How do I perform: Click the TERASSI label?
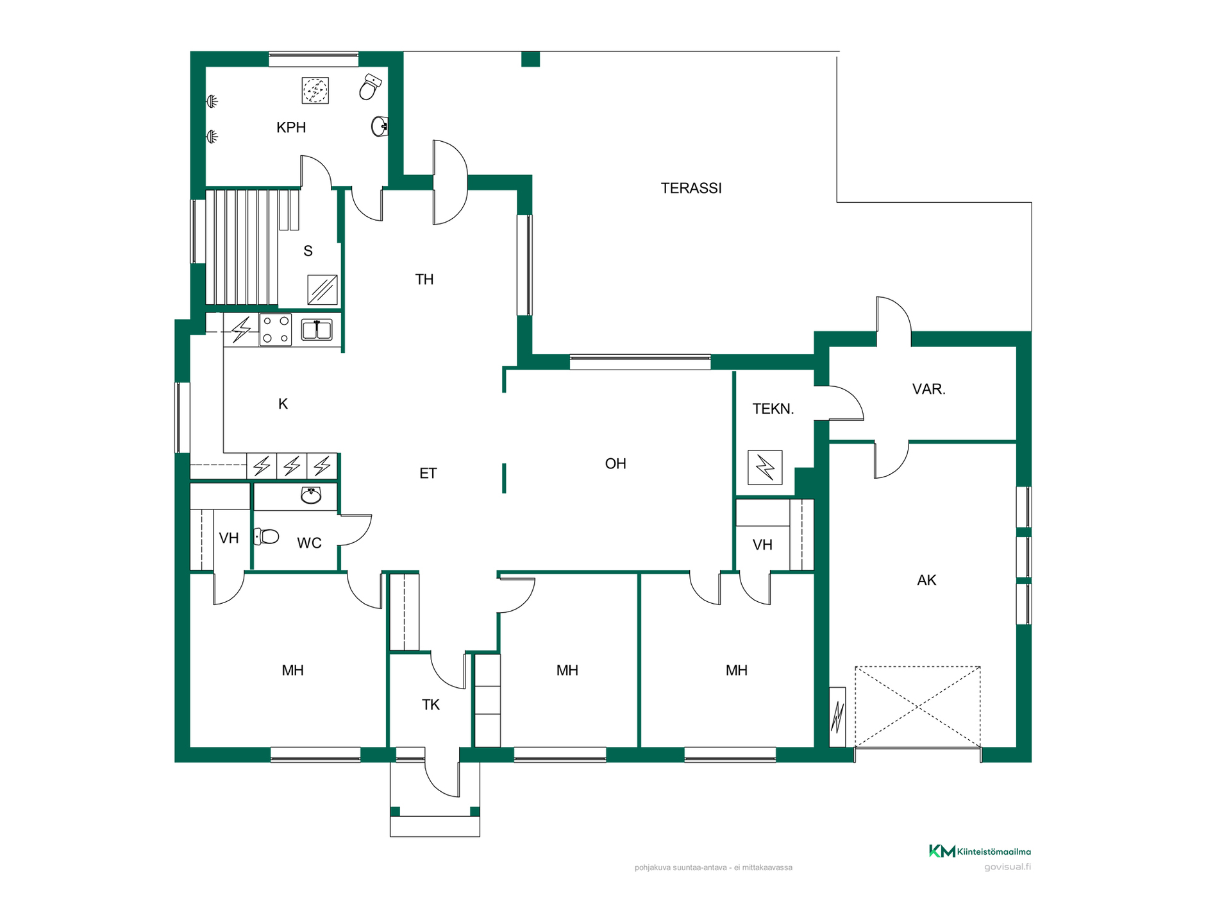[691, 188]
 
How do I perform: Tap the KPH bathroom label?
[291, 128]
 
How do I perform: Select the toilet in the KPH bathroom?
[369, 87]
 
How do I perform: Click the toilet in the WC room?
[266, 536]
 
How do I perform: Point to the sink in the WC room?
[311, 495]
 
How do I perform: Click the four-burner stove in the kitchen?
[276, 330]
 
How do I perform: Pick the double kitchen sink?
[317, 330]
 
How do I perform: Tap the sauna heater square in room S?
[322, 290]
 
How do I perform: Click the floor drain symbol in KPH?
[315, 90]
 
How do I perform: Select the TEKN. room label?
[773, 409]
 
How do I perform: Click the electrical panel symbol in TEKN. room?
[765, 467]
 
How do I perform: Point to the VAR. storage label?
[929, 389]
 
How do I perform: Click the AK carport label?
[927, 580]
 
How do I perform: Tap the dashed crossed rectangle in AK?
[917, 706]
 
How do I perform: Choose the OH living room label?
[615, 463]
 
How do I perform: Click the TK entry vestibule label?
[431, 705]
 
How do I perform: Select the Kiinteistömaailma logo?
[980, 851]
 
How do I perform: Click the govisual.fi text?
[1008, 867]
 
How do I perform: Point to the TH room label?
[424, 279]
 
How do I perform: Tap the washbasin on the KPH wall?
[380, 126]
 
